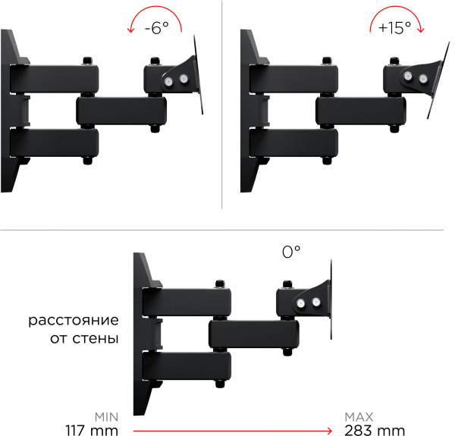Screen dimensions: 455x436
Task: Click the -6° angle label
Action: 157,28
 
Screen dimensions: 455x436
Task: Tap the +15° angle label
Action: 394,28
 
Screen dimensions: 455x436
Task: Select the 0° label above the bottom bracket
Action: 291,252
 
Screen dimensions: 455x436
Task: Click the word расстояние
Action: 74,321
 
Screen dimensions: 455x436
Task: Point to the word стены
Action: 96,338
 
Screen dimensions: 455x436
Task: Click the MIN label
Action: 106,417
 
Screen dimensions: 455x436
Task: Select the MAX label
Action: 359,417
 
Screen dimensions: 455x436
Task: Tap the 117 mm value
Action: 92,430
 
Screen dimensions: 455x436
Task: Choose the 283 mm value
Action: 375,430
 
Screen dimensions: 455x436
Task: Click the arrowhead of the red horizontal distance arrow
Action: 330,431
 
